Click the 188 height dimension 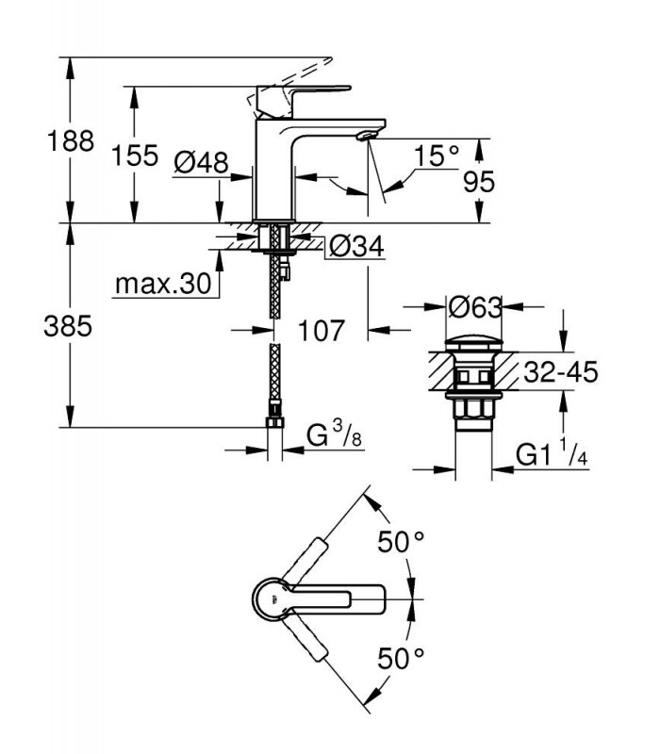coord(70,141)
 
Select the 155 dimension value coord(134,156)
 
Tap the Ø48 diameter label coord(201,162)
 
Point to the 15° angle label coord(437,156)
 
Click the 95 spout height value coord(479,182)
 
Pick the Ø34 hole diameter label coord(356,247)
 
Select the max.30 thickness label coord(163,284)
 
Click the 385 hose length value coord(68,326)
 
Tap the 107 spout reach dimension coord(322,331)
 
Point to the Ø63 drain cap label coord(475,307)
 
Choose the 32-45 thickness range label coord(560,371)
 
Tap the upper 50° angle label coord(401,542)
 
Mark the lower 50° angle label coord(401,658)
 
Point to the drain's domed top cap coord(474,344)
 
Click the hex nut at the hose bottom coord(274,421)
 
